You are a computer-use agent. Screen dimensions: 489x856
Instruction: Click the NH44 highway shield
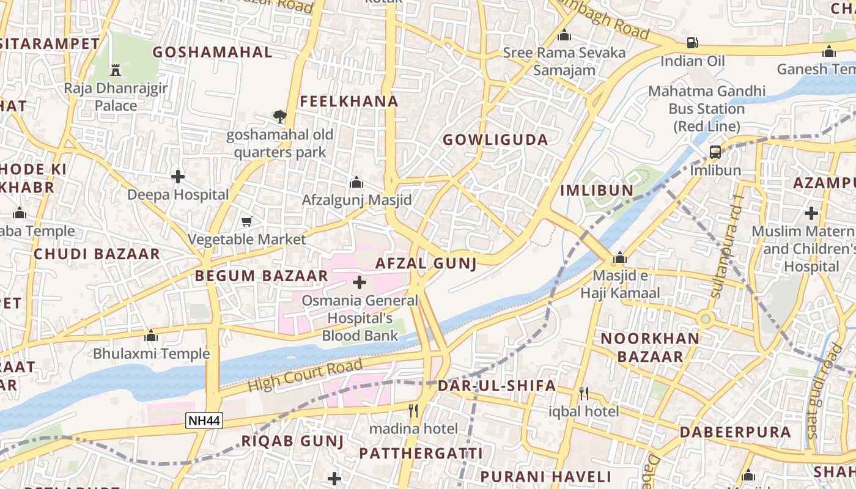[204, 421]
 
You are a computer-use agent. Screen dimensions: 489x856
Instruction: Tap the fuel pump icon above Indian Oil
[692, 43]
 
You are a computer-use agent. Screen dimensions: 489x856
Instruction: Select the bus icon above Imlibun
[715, 152]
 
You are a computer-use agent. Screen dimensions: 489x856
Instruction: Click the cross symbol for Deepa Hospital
[178, 177]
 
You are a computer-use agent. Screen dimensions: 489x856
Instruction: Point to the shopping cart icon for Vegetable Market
[247, 221]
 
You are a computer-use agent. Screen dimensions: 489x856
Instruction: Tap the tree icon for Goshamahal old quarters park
[279, 116]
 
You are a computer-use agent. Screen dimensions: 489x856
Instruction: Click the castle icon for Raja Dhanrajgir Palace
[116, 70]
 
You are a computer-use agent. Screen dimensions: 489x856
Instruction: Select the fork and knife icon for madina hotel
[414, 410]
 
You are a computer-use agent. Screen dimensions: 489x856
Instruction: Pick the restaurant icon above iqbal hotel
[583, 393]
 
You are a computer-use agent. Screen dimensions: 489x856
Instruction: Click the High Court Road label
[305, 376]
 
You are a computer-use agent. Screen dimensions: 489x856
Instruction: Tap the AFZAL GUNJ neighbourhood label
[426, 263]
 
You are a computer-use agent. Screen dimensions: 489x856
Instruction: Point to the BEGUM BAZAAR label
[262, 276]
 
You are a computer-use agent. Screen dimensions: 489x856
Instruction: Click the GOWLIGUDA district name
[495, 139]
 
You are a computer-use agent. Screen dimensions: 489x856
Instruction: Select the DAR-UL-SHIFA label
[496, 386]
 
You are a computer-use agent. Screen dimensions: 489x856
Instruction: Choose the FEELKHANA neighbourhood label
[349, 101]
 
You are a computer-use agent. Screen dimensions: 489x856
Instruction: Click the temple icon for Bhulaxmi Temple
[151, 336]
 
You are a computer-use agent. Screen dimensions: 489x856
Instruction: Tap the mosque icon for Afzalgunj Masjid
[356, 182]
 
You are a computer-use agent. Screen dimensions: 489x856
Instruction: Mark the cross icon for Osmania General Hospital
[360, 282]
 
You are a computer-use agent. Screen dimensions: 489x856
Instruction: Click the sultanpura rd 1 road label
[725, 247]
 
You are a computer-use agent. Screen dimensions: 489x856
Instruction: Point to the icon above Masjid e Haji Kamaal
[620, 257]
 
